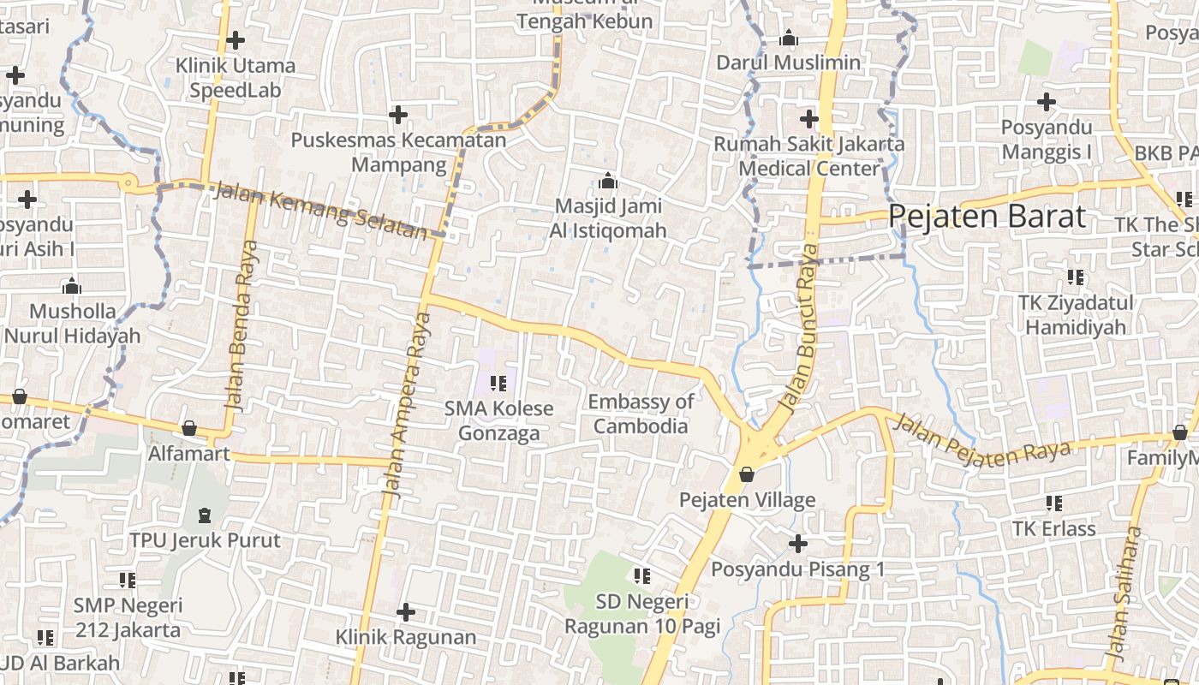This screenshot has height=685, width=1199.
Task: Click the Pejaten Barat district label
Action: (x=987, y=216)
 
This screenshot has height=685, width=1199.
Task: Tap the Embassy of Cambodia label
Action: (x=641, y=414)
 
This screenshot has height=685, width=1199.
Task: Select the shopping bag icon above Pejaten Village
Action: (x=747, y=474)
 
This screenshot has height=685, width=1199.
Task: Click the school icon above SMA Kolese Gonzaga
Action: (x=498, y=383)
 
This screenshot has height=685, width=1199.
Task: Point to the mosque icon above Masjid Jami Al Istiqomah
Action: (x=607, y=181)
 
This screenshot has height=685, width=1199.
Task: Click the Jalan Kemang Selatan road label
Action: (x=319, y=210)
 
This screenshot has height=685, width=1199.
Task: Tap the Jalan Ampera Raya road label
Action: (x=406, y=402)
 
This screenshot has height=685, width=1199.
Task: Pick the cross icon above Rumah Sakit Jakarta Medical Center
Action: (x=808, y=118)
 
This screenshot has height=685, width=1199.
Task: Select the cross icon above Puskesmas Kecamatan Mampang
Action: (x=398, y=114)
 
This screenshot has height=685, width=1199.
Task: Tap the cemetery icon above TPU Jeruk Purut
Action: (x=205, y=515)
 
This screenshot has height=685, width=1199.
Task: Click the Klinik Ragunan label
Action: (x=405, y=637)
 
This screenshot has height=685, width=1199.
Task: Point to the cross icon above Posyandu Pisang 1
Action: (x=797, y=543)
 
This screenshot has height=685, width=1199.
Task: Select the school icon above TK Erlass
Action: (x=1053, y=503)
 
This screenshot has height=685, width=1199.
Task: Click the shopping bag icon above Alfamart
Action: (x=189, y=427)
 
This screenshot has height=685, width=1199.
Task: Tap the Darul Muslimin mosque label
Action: (x=788, y=63)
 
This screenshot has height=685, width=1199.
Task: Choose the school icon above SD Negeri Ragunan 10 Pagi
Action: (x=641, y=576)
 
